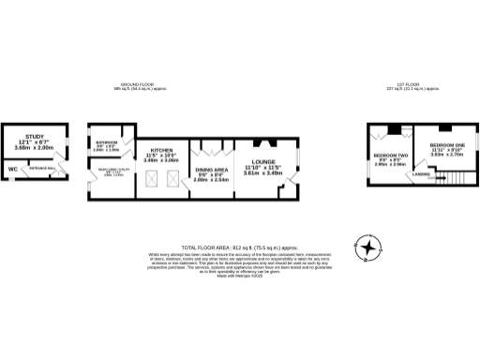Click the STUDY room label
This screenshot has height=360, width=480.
coord(35,137)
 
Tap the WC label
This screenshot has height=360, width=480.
coord(13,170)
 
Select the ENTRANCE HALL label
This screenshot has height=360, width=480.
coord(40,169)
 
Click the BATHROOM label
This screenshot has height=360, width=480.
coord(106,143)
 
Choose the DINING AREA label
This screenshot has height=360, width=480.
coord(209,172)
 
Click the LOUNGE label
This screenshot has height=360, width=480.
coord(262,161)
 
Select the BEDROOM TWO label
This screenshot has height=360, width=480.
coord(390,154)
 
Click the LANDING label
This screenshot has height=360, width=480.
coord(423,174)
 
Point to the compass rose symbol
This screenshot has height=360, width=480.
coord(372,247)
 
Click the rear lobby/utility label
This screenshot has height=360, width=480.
coord(111,172)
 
